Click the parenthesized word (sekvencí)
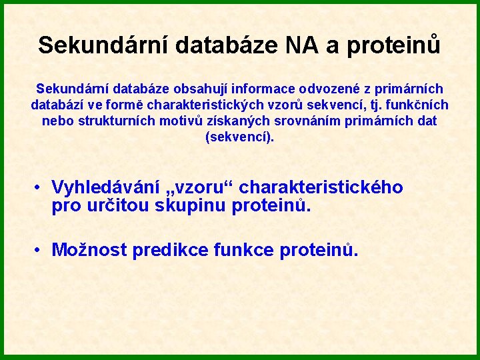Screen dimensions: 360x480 (x=240, y=137)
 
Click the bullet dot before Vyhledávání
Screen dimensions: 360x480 (x=39, y=188)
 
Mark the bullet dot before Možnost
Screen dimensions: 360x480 (x=39, y=251)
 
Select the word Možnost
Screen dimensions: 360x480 (x=89, y=250)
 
